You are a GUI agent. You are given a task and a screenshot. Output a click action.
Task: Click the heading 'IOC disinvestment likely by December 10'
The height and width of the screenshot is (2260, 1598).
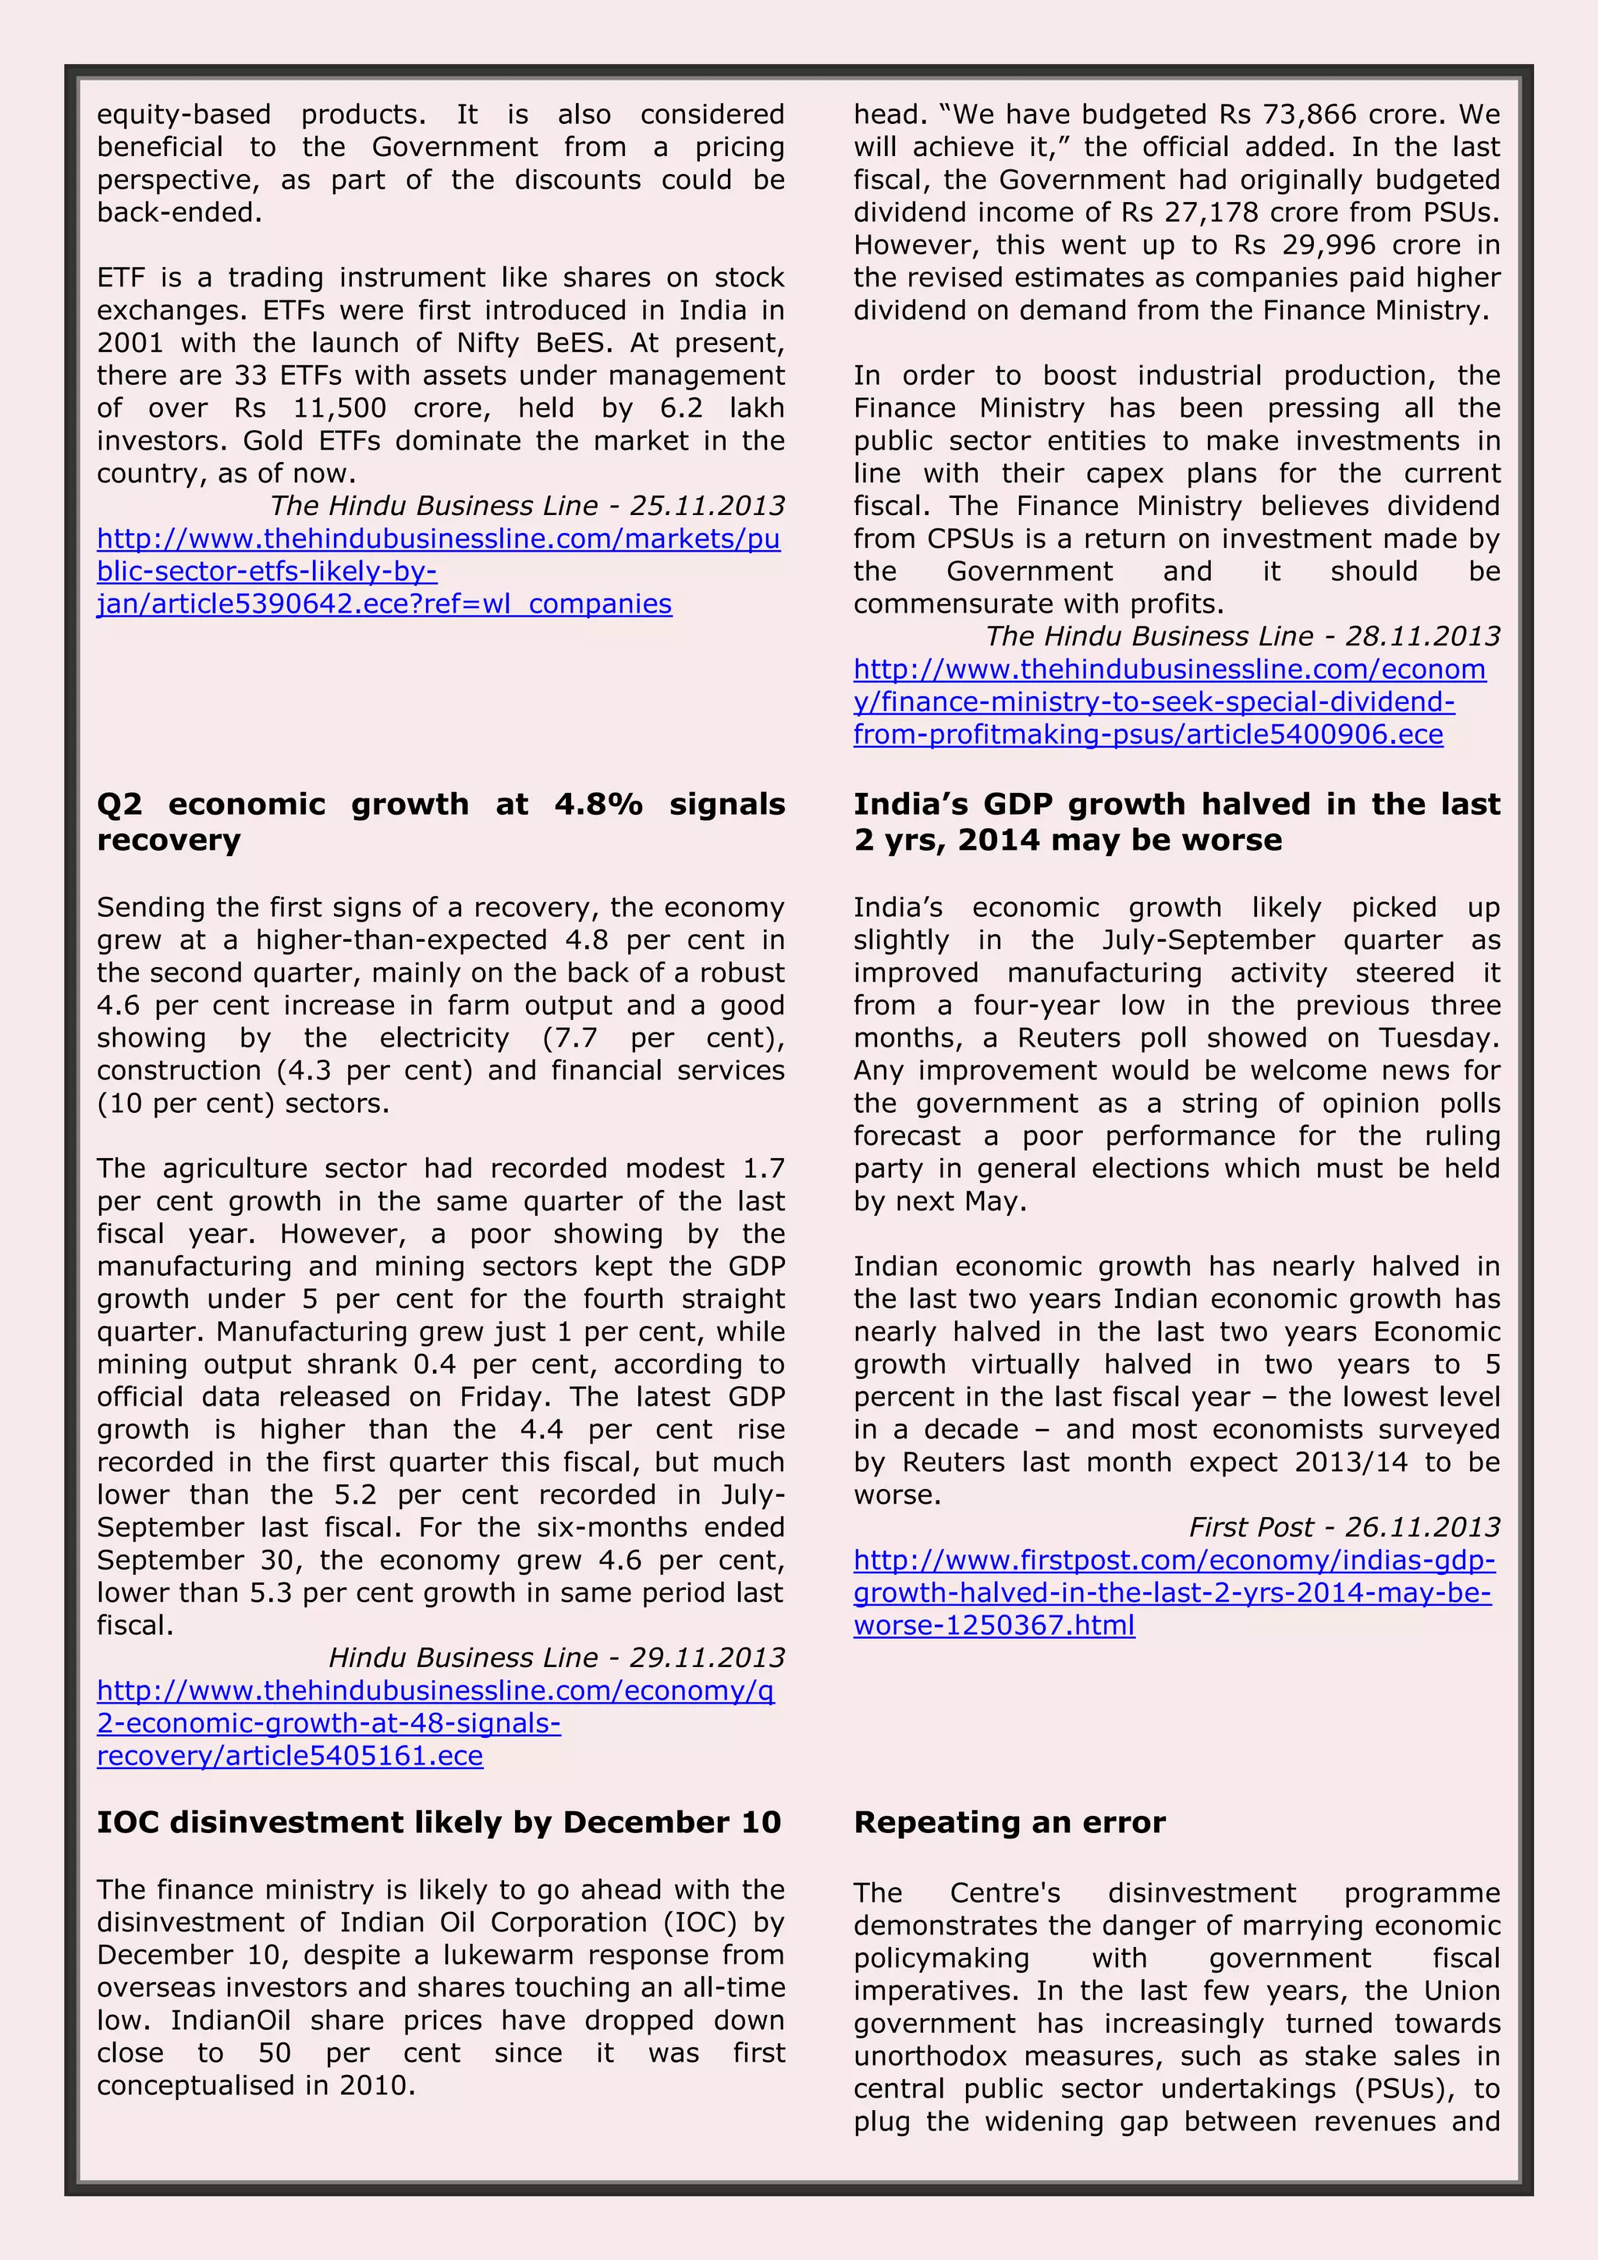point(439,1822)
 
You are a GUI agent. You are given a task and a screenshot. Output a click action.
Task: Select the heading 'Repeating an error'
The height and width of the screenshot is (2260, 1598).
point(1010,1822)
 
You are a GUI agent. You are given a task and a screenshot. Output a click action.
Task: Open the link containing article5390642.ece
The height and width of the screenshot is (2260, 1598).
point(438,571)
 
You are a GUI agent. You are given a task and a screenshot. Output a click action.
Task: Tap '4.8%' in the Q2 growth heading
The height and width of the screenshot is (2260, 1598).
point(598,805)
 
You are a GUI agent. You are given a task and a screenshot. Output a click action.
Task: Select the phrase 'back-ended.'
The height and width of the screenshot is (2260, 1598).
point(180,211)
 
